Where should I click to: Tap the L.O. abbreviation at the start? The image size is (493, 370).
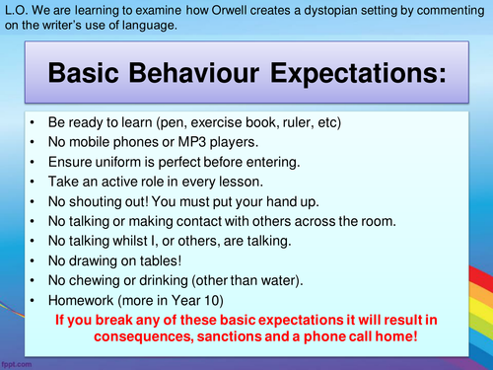(16, 10)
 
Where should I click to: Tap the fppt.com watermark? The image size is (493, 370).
(19, 361)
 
